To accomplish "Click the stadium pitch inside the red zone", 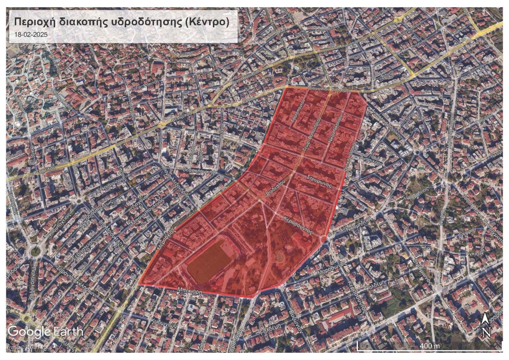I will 211,262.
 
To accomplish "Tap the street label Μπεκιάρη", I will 189,292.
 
